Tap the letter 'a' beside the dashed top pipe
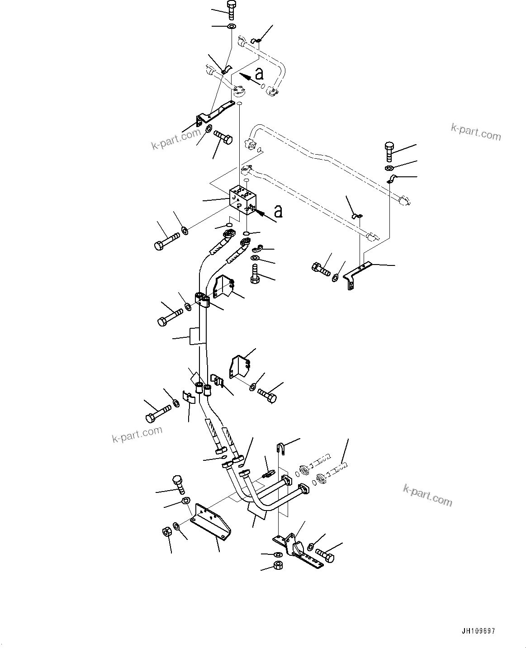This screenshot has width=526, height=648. [x=259, y=74]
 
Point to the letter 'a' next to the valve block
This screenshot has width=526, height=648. [x=278, y=211]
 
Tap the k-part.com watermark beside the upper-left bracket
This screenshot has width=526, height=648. [x=176, y=139]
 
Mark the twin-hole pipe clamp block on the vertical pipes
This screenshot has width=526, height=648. [x=202, y=300]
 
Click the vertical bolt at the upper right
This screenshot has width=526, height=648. [x=389, y=151]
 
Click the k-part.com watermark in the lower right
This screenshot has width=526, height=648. [x=427, y=497]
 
